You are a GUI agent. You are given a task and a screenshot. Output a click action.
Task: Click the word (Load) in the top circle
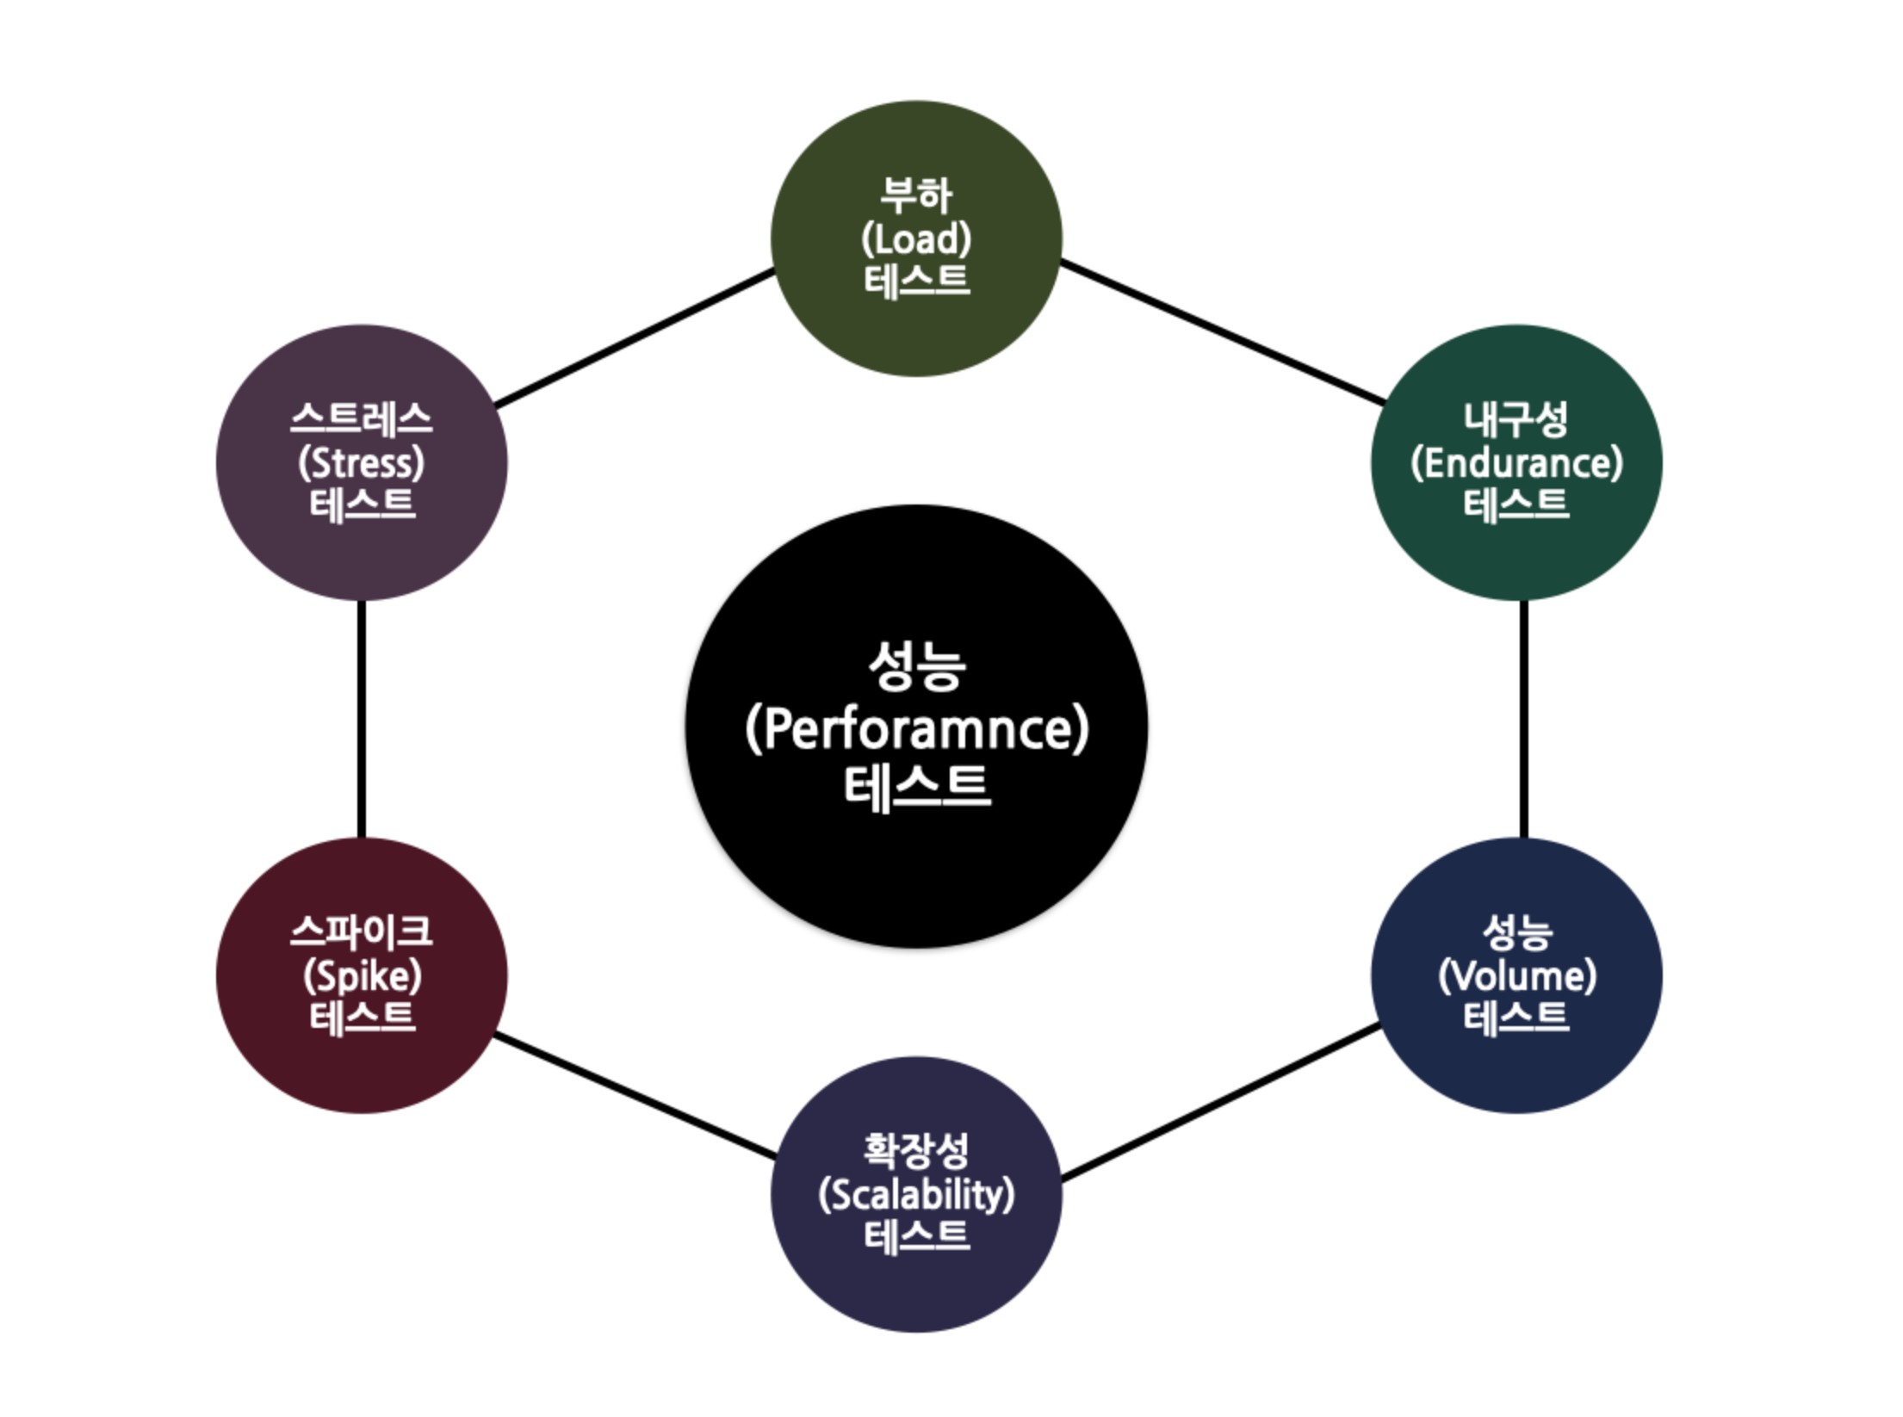[x=916, y=239]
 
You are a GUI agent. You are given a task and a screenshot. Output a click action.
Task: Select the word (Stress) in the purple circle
[x=362, y=463]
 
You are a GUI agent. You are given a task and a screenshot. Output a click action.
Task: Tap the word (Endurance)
[x=1516, y=463]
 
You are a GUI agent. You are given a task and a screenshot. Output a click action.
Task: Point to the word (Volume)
[x=1517, y=976]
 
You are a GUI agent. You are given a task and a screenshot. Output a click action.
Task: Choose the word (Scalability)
[x=916, y=1195]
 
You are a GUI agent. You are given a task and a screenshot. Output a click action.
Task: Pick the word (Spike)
[x=362, y=976]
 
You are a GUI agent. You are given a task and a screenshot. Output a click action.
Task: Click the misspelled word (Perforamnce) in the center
[x=916, y=728]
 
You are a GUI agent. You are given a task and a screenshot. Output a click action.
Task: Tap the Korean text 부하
[x=916, y=196]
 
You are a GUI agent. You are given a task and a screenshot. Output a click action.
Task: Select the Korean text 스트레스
[x=362, y=419]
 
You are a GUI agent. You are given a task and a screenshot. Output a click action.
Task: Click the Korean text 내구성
[x=1516, y=419]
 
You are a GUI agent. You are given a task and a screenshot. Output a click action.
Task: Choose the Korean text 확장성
[x=916, y=1151]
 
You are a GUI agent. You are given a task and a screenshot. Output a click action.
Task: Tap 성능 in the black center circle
[x=916, y=666]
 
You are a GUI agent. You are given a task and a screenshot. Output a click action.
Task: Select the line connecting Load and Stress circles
[x=635, y=337]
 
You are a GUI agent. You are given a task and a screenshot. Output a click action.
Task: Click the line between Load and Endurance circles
[x=1223, y=332]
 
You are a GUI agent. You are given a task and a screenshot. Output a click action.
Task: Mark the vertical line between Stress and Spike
[x=362, y=719]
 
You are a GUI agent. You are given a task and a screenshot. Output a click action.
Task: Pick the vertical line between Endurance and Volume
[x=1524, y=719]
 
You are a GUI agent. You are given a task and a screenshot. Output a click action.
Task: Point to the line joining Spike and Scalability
[x=635, y=1097]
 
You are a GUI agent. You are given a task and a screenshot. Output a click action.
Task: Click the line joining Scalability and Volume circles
[x=1221, y=1101]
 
